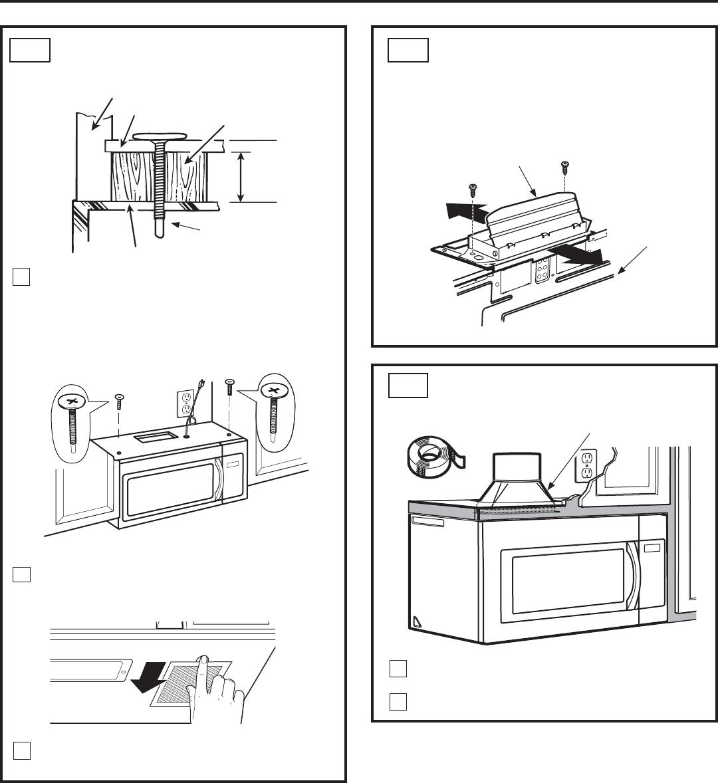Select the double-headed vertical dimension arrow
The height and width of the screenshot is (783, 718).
[x=241, y=176]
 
